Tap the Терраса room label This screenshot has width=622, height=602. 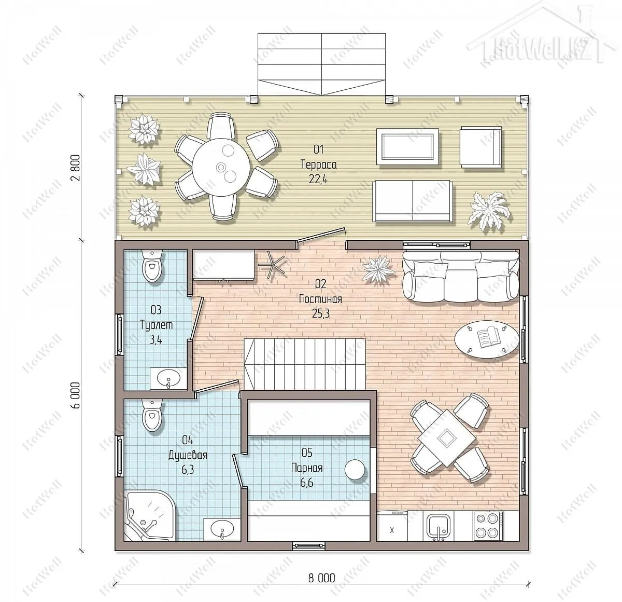(x=318, y=165)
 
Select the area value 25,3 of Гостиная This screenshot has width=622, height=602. (x=320, y=313)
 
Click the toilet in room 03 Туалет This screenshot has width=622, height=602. (x=152, y=266)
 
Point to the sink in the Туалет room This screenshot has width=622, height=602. (x=168, y=379)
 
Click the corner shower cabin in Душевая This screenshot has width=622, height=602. (x=149, y=515)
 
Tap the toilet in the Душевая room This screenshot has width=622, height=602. (x=152, y=415)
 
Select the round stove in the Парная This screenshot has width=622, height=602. (x=355, y=470)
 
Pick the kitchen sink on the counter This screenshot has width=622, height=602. (x=439, y=526)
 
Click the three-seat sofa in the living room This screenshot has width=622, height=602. (x=460, y=276)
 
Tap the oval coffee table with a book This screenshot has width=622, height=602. (x=487, y=339)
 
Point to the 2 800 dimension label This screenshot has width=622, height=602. (x=76, y=168)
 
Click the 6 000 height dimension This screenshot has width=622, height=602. (x=76, y=395)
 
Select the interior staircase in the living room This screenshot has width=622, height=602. (x=305, y=364)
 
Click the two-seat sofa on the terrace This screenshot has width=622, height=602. (x=413, y=201)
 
